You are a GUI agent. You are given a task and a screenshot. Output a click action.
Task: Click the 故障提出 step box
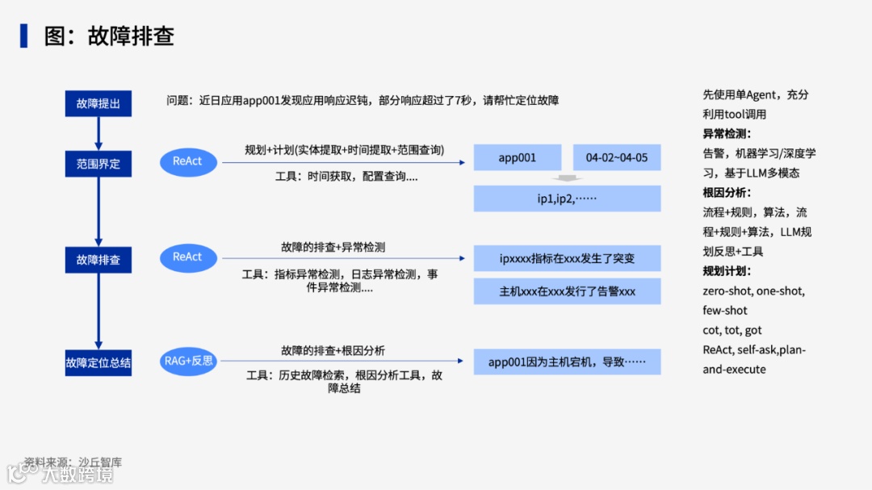(x=98, y=103)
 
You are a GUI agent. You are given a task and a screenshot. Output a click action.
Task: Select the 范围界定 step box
(x=98, y=164)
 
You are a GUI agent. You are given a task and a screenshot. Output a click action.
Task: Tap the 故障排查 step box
(x=98, y=260)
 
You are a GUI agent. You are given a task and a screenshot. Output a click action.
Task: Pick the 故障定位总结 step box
(x=98, y=362)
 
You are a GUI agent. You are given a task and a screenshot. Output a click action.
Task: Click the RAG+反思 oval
(x=188, y=361)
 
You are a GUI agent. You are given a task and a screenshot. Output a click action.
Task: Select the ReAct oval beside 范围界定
(x=187, y=161)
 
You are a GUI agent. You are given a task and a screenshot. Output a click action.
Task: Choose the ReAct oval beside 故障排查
(x=187, y=257)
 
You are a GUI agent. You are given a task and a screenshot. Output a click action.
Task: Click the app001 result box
(x=517, y=157)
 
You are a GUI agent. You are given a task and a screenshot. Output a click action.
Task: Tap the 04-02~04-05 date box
(x=617, y=157)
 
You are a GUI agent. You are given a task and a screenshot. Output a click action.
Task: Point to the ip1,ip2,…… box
(x=567, y=199)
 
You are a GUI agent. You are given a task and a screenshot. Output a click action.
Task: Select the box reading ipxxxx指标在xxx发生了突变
(x=567, y=258)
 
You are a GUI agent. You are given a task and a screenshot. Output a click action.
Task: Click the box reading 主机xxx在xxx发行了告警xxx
(x=567, y=291)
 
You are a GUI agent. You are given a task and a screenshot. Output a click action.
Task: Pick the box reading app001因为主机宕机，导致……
(x=567, y=362)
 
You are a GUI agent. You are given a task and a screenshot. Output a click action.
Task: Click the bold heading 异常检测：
(x=727, y=134)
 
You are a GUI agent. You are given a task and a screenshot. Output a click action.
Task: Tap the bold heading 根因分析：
(x=727, y=193)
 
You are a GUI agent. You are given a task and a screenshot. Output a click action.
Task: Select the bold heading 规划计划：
(x=727, y=271)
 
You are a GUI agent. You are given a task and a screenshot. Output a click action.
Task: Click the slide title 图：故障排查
(x=109, y=36)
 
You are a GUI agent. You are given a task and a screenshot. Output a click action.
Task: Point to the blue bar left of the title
(x=24, y=36)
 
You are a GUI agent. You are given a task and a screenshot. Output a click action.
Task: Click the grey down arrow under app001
(x=567, y=178)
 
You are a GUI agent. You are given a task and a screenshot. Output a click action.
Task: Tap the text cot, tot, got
(x=732, y=330)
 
